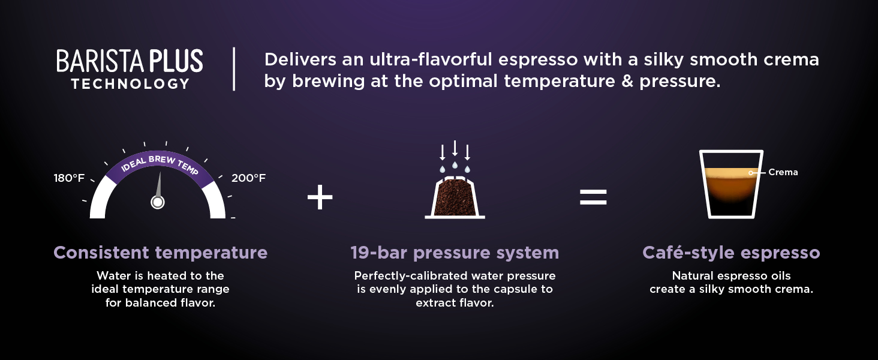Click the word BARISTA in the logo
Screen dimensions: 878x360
coord(100,61)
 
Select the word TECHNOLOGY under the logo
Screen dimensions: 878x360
coord(131,84)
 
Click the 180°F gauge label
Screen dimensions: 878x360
coord(69,178)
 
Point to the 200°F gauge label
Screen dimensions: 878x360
coord(248,178)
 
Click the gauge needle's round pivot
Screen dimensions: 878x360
coord(158,202)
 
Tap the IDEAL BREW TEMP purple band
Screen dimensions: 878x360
coord(160,165)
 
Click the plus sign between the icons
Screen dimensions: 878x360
coord(320,197)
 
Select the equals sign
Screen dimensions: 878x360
coord(593,197)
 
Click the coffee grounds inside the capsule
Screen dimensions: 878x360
coord(455,198)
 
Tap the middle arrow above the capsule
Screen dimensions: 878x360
coord(455,148)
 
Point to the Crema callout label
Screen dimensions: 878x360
coord(783,172)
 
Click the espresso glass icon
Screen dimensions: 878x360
coord(731,184)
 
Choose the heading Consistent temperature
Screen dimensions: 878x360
coord(160,253)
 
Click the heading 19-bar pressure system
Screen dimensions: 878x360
coord(455,253)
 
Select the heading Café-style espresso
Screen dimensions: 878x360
coord(731,253)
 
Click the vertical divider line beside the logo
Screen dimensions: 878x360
coord(234,69)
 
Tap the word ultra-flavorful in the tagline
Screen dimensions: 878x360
coord(431,59)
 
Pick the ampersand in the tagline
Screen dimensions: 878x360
coord(627,81)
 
